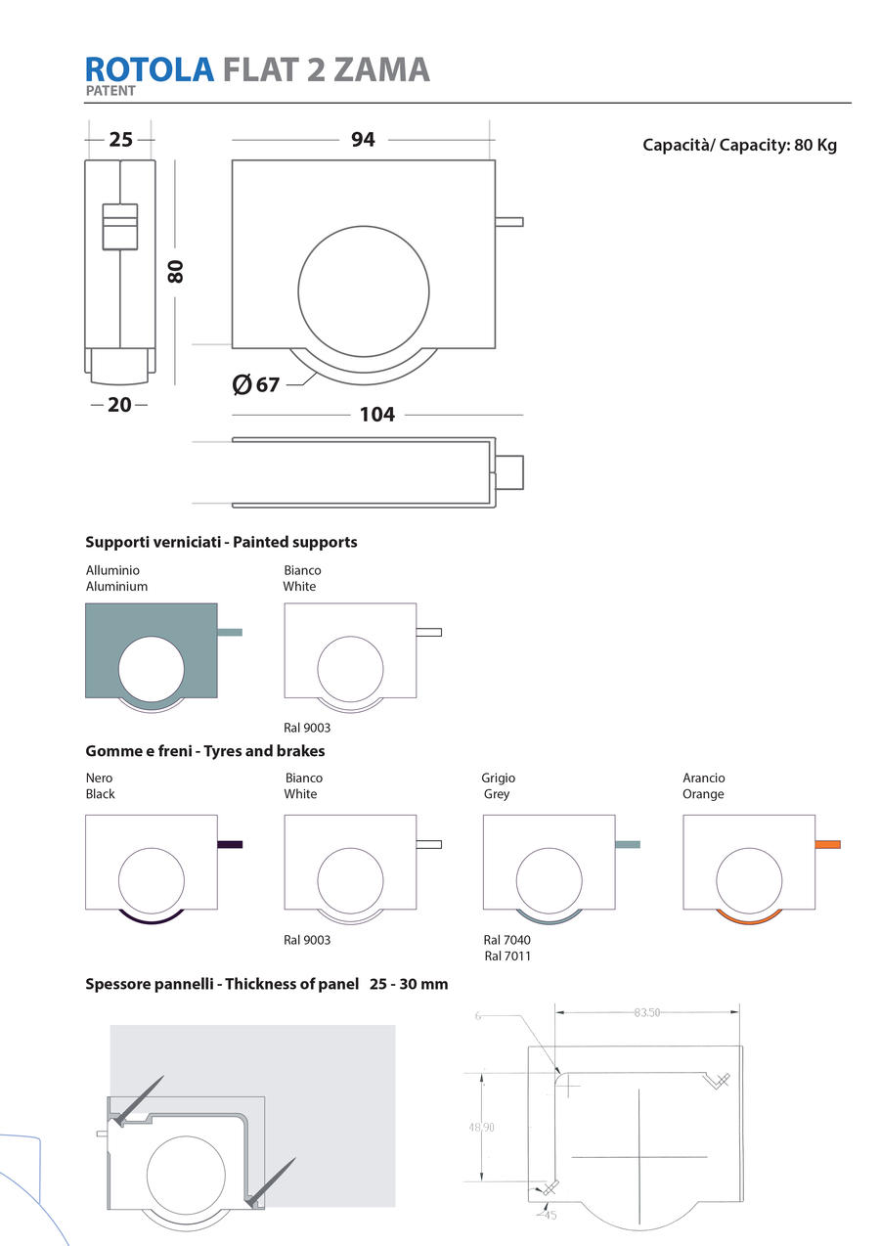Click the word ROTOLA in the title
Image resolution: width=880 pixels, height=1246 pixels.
(150, 69)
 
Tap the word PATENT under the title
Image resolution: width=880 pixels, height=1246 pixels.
(110, 91)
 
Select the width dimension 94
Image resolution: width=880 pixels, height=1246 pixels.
(363, 140)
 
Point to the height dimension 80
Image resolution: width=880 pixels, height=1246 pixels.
(176, 271)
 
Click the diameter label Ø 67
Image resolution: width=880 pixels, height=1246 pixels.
(256, 384)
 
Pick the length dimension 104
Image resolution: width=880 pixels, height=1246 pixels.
(377, 415)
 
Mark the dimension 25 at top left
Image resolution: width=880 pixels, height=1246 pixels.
(120, 140)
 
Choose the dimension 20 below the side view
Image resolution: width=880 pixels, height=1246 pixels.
(119, 404)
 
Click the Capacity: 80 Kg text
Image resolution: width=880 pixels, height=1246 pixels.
(739, 146)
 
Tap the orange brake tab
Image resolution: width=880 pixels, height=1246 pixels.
(827, 844)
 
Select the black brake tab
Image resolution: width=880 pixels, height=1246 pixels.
(230, 844)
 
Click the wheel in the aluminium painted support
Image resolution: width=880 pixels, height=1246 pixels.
(151, 669)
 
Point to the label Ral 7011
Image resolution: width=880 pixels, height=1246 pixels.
(507, 956)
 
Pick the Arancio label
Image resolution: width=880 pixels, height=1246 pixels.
(704, 778)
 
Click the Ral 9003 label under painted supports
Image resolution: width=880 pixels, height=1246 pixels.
(307, 728)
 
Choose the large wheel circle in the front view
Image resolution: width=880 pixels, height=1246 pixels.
(363, 290)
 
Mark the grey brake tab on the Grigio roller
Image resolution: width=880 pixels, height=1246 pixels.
(628, 844)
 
